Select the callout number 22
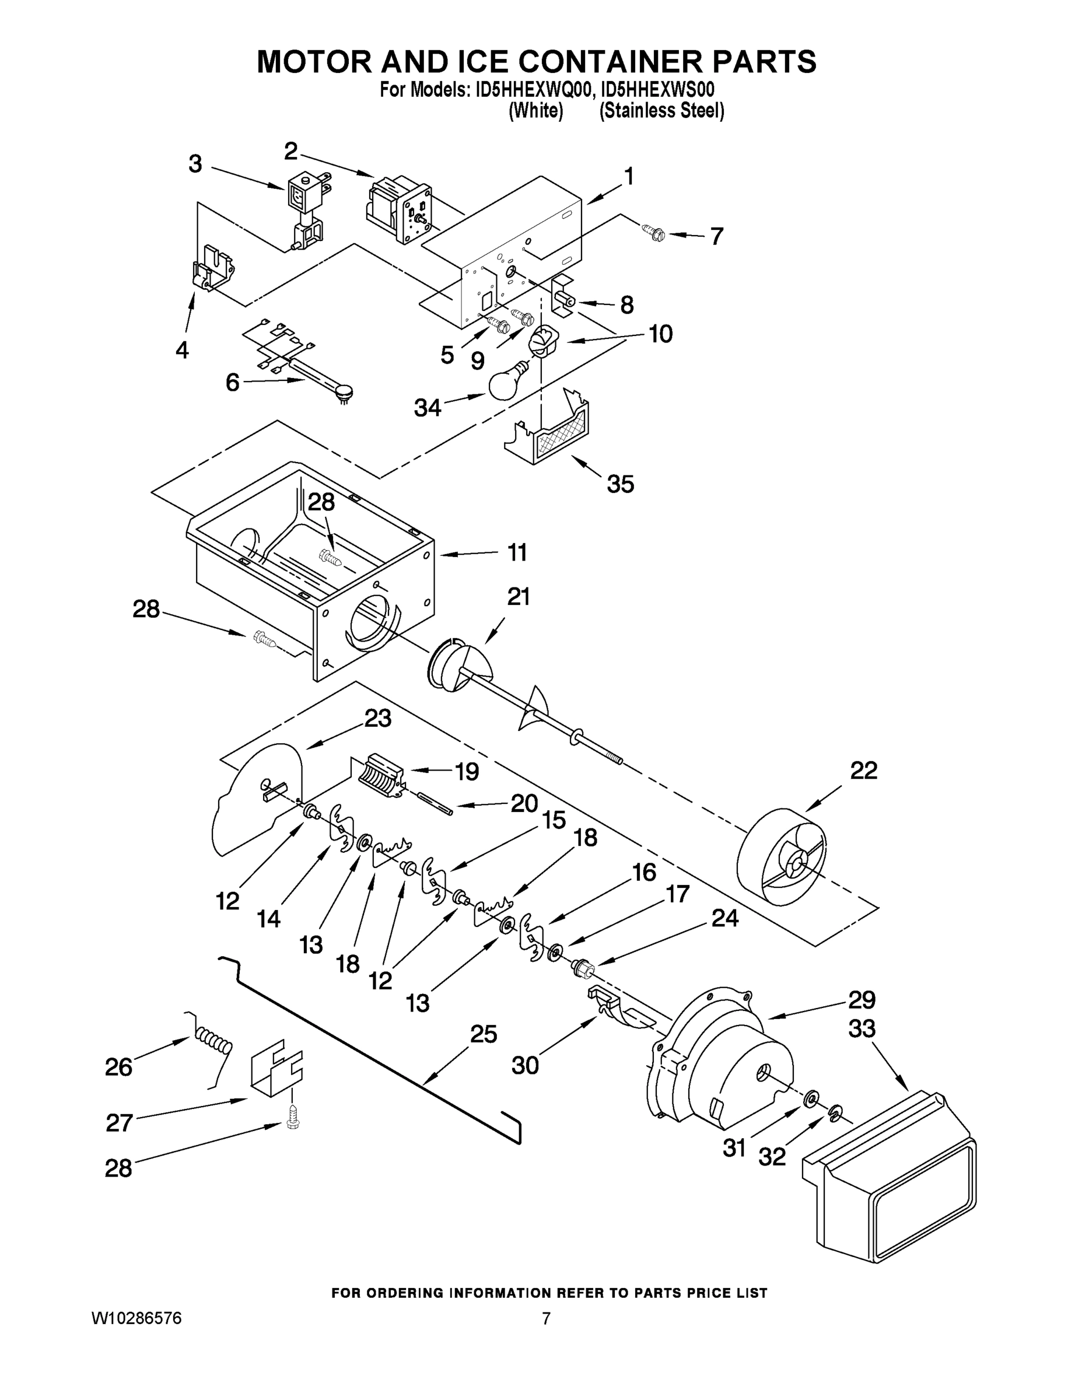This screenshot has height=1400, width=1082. [x=863, y=770]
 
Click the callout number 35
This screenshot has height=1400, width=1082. [x=620, y=484]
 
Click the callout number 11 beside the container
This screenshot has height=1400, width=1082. [x=517, y=552]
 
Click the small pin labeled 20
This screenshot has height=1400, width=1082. [x=435, y=804]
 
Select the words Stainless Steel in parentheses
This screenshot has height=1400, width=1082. [x=661, y=111]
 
